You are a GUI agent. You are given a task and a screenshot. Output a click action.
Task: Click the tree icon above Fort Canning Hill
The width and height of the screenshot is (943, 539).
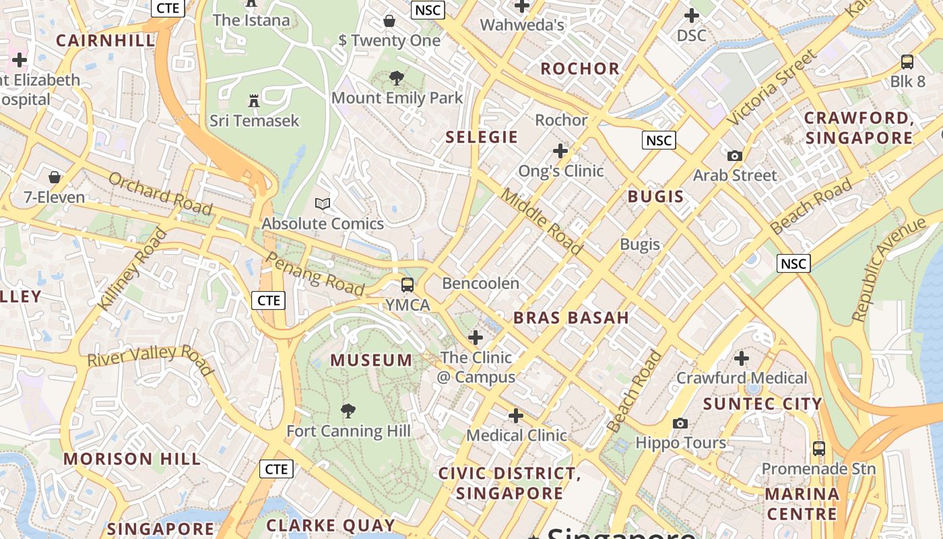pos(348,410)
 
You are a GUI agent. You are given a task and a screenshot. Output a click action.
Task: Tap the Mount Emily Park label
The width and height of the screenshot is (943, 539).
pos(397,98)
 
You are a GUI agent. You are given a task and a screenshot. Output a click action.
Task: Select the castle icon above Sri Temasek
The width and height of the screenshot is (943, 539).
pos(254,101)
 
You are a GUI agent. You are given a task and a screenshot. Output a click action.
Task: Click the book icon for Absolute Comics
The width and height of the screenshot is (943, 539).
pos(323,203)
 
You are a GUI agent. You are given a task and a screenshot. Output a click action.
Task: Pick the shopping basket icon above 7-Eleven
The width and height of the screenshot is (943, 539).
pos(55,177)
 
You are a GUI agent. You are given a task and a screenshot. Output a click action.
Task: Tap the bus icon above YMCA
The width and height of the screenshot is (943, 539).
pos(408,284)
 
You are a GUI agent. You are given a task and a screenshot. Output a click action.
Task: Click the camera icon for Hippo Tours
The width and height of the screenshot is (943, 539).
pos(680,423)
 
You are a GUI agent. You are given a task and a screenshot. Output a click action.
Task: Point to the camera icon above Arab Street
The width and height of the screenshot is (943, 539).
pos(735,156)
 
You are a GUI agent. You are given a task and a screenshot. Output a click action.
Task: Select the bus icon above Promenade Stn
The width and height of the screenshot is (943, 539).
pos(819,448)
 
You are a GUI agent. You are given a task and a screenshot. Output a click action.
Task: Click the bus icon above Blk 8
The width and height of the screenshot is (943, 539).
pos(907,62)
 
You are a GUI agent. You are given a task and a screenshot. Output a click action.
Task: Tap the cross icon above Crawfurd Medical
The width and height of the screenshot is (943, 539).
pos(742,358)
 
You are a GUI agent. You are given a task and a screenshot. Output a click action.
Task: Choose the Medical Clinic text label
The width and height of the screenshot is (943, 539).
pos(516,435)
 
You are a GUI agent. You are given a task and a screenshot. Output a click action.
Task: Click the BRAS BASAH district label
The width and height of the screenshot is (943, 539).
pos(571,318)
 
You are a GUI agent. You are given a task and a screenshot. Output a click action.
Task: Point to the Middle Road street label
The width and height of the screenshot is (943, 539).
pos(542,222)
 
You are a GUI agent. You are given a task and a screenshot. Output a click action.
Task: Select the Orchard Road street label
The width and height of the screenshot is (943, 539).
pos(160,194)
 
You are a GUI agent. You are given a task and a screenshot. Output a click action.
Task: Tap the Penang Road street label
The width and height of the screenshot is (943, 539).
pos(315,273)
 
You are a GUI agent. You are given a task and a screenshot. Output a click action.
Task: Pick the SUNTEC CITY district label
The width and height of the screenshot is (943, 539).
pos(762,404)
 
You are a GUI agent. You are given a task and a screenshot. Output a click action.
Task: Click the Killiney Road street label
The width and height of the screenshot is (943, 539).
pos(132,270)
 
